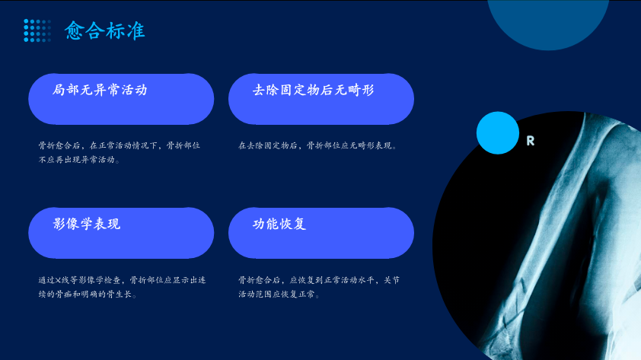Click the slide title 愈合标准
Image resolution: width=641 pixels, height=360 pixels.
(x=104, y=30)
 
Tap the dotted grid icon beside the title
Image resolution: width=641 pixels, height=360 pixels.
(x=37, y=30)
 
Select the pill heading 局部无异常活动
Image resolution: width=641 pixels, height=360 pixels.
(x=100, y=90)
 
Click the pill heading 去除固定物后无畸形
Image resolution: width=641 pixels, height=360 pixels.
(x=313, y=90)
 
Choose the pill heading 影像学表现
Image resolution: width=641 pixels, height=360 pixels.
(x=87, y=224)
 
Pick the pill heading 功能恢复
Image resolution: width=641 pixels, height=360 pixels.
(x=279, y=224)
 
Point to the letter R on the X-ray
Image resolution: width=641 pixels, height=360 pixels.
(x=530, y=141)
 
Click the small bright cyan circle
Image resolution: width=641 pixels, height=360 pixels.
(x=498, y=132)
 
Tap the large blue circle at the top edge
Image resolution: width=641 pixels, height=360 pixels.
(x=548, y=21)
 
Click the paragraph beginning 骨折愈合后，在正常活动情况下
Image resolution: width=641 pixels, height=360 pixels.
(x=120, y=152)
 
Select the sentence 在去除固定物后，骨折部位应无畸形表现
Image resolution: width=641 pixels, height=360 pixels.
(x=317, y=145)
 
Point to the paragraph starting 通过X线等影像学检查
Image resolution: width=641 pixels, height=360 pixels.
(x=122, y=287)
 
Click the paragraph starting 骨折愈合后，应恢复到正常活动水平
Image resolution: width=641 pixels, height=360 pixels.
(x=319, y=287)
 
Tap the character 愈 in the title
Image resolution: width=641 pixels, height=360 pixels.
(x=75, y=30)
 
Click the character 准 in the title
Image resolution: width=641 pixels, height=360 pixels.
(x=136, y=30)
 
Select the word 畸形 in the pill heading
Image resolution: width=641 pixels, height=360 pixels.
(x=361, y=90)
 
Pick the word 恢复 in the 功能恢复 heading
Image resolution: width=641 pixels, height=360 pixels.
(x=292, y=224)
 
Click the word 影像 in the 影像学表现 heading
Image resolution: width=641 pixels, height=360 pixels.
(x=66, y=224)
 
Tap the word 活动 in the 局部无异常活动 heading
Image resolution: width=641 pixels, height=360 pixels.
(x=134, y=90)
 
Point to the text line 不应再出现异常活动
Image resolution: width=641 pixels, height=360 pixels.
(x=79, y=160)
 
